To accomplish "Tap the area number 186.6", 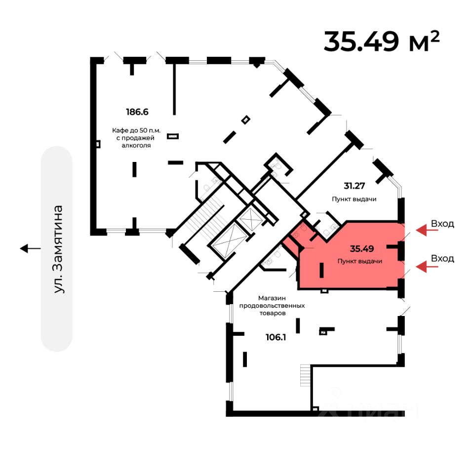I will (137, 112).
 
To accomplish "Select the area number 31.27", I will (355, 186).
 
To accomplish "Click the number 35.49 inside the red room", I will (361, 248).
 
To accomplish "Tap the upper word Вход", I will (442, 224).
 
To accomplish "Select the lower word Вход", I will (442, 258).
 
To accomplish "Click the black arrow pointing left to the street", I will (31, 248).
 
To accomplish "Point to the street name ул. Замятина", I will (59, 249).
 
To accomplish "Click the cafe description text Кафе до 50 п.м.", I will (136, 131).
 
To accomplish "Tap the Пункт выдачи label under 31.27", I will (355, 199).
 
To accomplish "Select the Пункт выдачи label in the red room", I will (360, 261).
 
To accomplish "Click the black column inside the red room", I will (321, 271).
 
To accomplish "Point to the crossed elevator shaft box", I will (248, 217).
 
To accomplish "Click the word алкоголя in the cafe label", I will (137, 146).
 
